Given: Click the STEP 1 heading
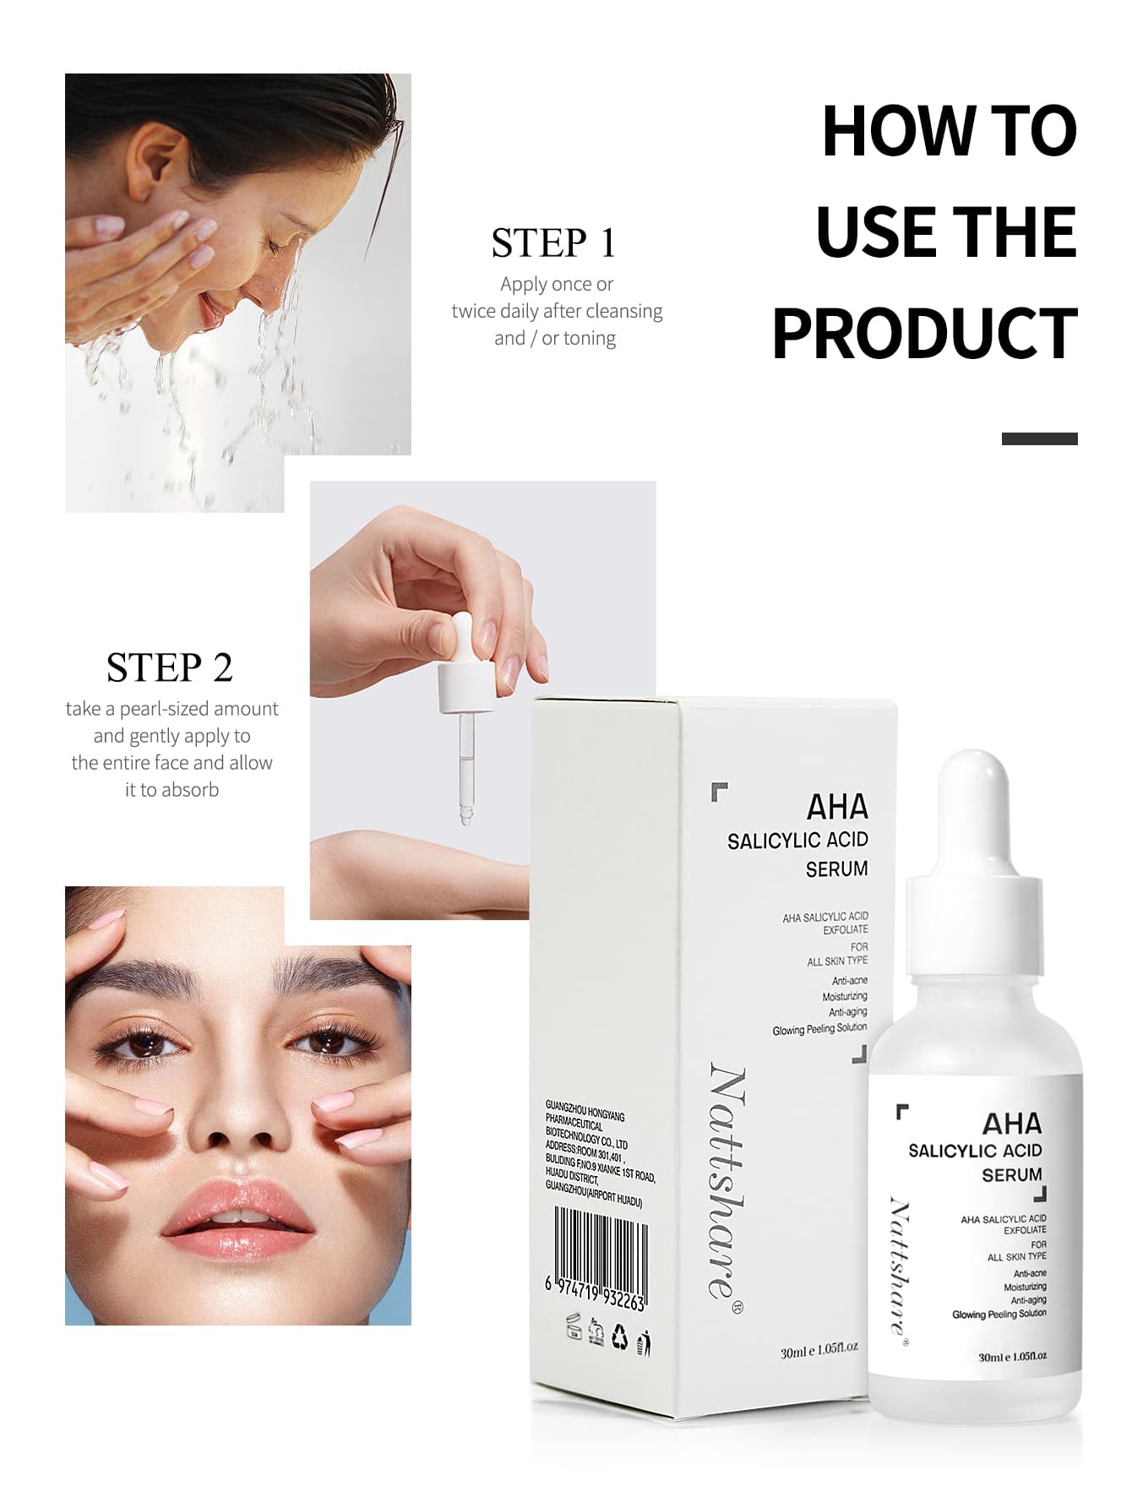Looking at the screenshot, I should point(553,243).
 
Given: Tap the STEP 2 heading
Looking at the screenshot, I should point(169,668).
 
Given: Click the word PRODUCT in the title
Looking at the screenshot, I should point(924,333).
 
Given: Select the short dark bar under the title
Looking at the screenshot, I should point(1039,438).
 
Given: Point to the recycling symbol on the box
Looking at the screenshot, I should point(620,1334).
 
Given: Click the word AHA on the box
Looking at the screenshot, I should point(836,807).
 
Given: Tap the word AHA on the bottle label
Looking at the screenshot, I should point(1011,1124).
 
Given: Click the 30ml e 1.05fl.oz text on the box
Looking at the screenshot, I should point(819,1350).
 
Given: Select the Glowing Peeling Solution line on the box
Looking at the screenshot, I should point(819,1029).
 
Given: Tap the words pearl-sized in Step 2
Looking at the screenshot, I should point(171,709).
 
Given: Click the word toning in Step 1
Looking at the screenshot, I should point(589,338).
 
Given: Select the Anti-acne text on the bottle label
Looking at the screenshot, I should point(1030,1273).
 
